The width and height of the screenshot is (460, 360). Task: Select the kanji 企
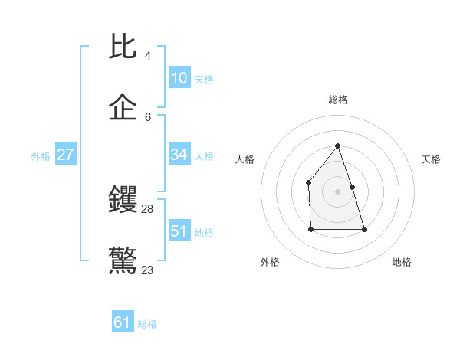pos(123,108)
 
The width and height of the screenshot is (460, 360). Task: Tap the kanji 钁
pos(123,200)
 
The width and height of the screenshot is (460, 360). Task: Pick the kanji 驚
pos(123,261)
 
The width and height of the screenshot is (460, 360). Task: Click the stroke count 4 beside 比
pos(147,56)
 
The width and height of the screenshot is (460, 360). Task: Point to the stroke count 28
pos(148,208)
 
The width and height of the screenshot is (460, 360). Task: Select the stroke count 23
pos(148,270)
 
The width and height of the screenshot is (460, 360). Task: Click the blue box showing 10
pos(179,78)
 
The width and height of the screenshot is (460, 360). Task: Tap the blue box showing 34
pos(179,155)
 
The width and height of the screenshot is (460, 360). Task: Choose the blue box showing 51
pos(179,231)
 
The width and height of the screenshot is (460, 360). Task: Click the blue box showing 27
pos(66,155)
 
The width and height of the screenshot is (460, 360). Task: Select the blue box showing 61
pos(123,322)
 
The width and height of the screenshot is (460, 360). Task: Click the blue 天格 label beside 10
pos(204,80)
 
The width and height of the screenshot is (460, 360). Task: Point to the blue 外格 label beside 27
pos(41,156)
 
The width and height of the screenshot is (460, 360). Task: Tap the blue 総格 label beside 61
pos(147,324)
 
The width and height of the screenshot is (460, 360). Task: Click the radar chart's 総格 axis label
pos(338,100)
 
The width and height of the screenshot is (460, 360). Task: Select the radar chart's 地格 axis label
pos(402,262)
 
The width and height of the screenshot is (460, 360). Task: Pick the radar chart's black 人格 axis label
pos(245,159)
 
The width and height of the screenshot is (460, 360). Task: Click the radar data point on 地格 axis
pos(364,229)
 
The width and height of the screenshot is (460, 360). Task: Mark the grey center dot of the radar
pos(337,191)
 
